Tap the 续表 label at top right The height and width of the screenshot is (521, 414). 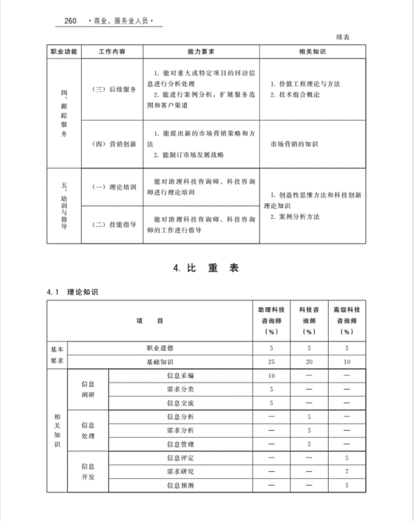click(x=342, y=37)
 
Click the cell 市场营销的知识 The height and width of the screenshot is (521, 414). click(x=294, y=145)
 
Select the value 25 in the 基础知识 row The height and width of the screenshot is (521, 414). click(x=271, y=362)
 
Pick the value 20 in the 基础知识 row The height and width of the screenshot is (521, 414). click(x=309, y=362)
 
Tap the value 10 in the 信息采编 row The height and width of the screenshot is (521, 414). click(x=271, y=376)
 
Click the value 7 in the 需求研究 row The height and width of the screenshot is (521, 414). click(x=346, y=472)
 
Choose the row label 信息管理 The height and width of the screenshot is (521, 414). click(x=180, y=444)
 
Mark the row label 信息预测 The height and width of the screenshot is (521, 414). click(x=180, y=485)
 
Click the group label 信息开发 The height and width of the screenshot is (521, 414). click(x=88, y=472)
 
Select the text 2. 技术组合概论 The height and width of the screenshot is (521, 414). click(x=295, y=95)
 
